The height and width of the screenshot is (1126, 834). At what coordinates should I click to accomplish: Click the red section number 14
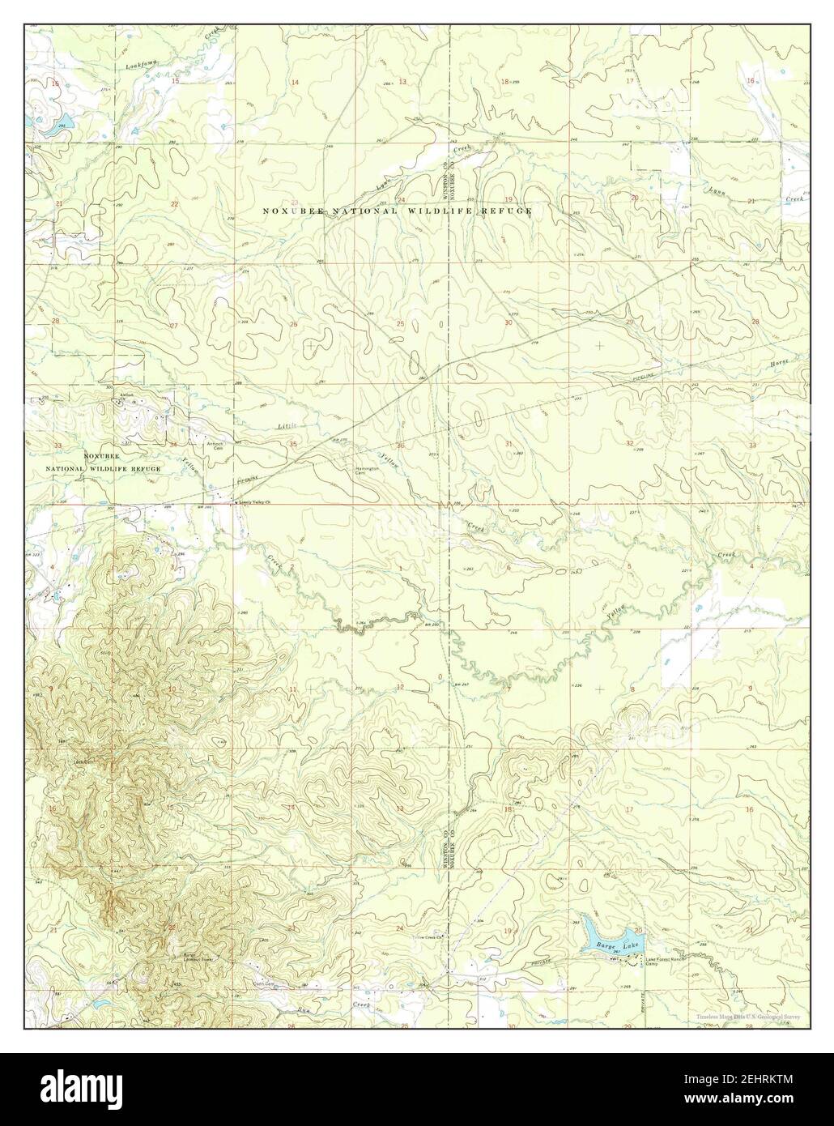[295, 83]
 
